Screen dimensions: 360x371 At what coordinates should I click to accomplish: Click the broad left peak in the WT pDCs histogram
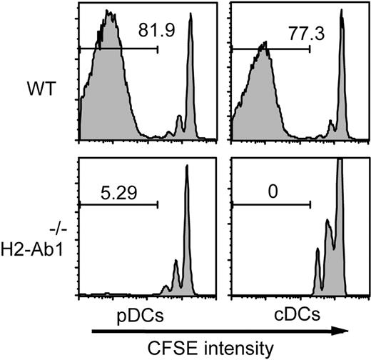click(107, 43)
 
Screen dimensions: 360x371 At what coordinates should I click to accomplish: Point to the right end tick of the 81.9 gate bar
click(158, 49)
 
